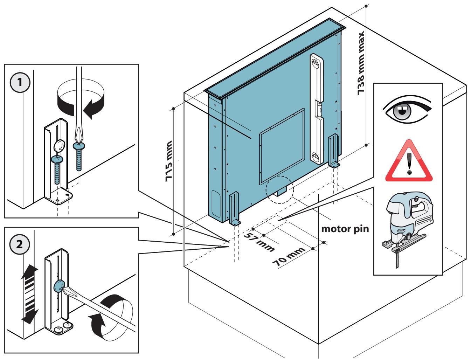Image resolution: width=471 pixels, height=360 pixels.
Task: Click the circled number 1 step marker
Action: pyautogui.click(x=20, y=82)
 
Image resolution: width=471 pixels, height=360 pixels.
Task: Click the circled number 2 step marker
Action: pyautogui.click(x=20, y=244)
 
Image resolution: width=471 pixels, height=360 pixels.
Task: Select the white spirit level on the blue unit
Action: pyautogui.click(x=317, y=109)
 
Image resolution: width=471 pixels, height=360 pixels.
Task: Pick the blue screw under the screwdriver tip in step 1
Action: pyautogui.click(x=79, y=157)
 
